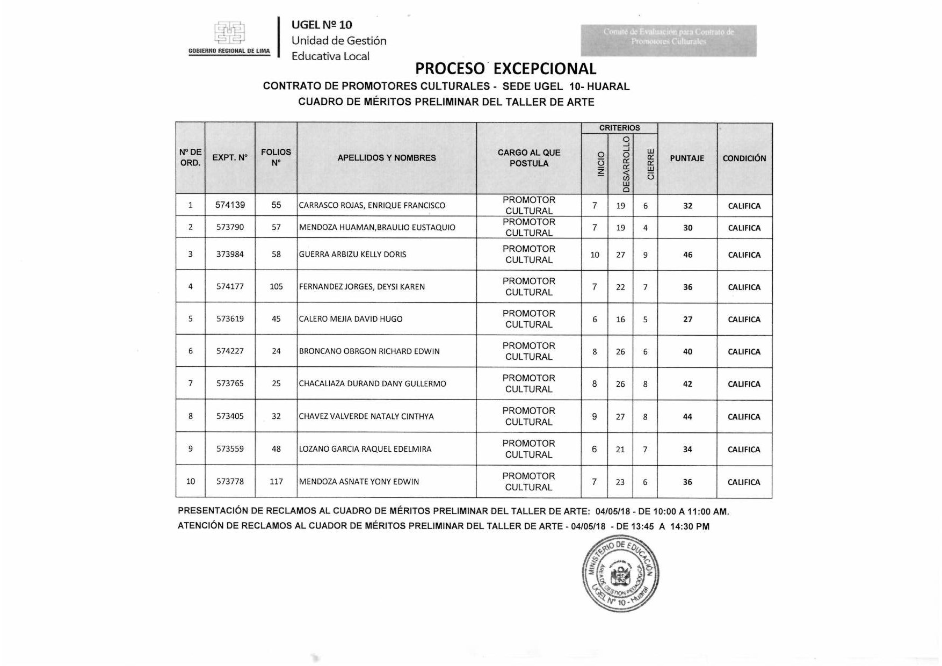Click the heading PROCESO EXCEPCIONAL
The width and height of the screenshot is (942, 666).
505,69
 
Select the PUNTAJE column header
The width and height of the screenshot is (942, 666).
687,158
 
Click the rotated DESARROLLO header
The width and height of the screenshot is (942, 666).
626,164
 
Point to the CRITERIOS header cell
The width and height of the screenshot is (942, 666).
619,128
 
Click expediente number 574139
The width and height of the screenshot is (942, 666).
230,205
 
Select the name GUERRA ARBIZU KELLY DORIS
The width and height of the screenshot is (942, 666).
352,255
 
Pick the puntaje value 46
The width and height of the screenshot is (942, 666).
687,255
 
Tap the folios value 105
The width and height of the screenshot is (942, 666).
276,287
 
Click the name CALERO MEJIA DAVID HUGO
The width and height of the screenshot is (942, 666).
350,319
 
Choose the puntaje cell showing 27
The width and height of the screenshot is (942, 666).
687,320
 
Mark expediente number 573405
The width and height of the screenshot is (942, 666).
230,416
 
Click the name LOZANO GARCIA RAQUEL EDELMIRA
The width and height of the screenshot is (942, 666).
365,449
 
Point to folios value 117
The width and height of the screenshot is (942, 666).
276,482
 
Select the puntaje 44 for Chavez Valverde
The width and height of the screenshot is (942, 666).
687,417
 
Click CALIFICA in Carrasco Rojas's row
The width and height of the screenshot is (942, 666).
744,206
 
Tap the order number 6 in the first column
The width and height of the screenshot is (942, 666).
190,351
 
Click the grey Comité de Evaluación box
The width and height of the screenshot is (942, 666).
668,40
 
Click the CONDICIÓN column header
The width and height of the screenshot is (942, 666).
744,158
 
